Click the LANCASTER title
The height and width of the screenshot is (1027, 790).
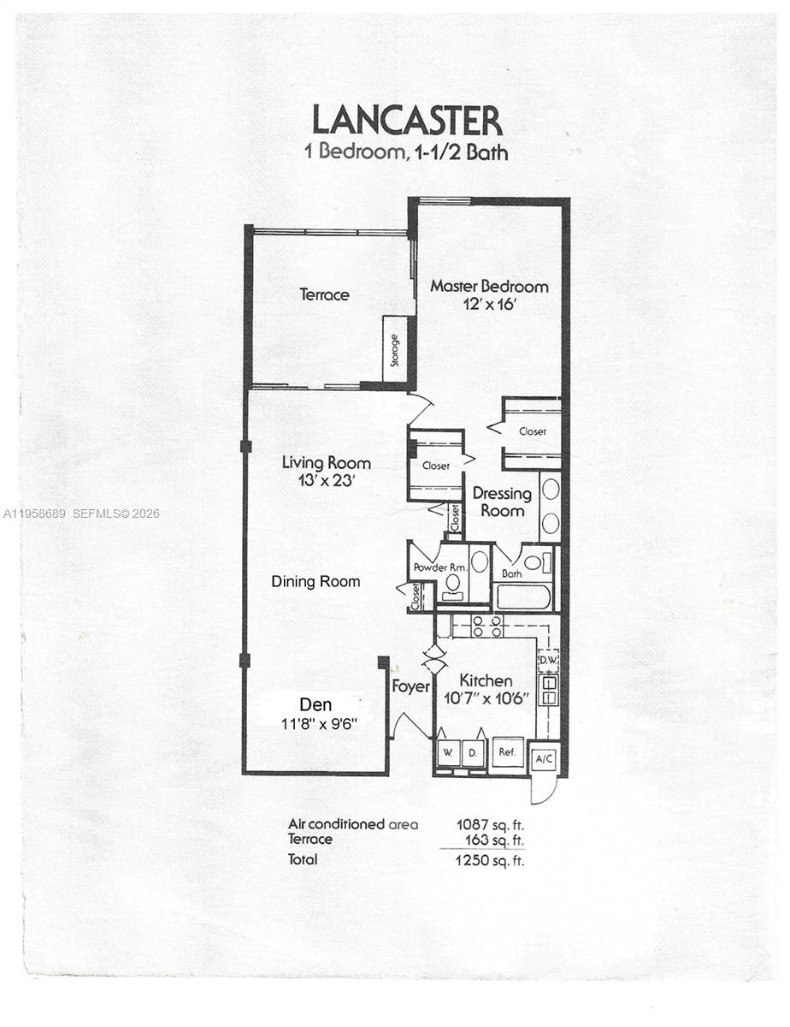(406, 121)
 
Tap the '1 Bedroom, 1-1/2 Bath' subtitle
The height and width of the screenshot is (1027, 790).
(406, 153)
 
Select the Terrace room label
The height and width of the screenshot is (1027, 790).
(324, 295)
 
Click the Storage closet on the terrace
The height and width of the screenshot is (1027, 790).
(394, 349)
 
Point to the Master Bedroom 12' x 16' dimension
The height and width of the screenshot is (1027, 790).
(488, 306)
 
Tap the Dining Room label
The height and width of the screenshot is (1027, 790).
(315, 582)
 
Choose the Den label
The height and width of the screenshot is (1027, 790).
(310, 704)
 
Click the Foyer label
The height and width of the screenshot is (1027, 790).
(410, 686)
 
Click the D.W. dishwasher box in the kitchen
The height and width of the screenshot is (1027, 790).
(548, 661)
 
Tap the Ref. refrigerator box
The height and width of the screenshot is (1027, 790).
(508, 753)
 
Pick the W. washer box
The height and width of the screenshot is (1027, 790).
(447, 754)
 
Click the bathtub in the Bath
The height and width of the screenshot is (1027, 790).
(522, 596)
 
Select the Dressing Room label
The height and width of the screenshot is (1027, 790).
(502, 502)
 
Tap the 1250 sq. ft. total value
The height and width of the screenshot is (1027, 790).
(490, 860)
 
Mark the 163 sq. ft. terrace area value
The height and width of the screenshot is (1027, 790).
(494, 840)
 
